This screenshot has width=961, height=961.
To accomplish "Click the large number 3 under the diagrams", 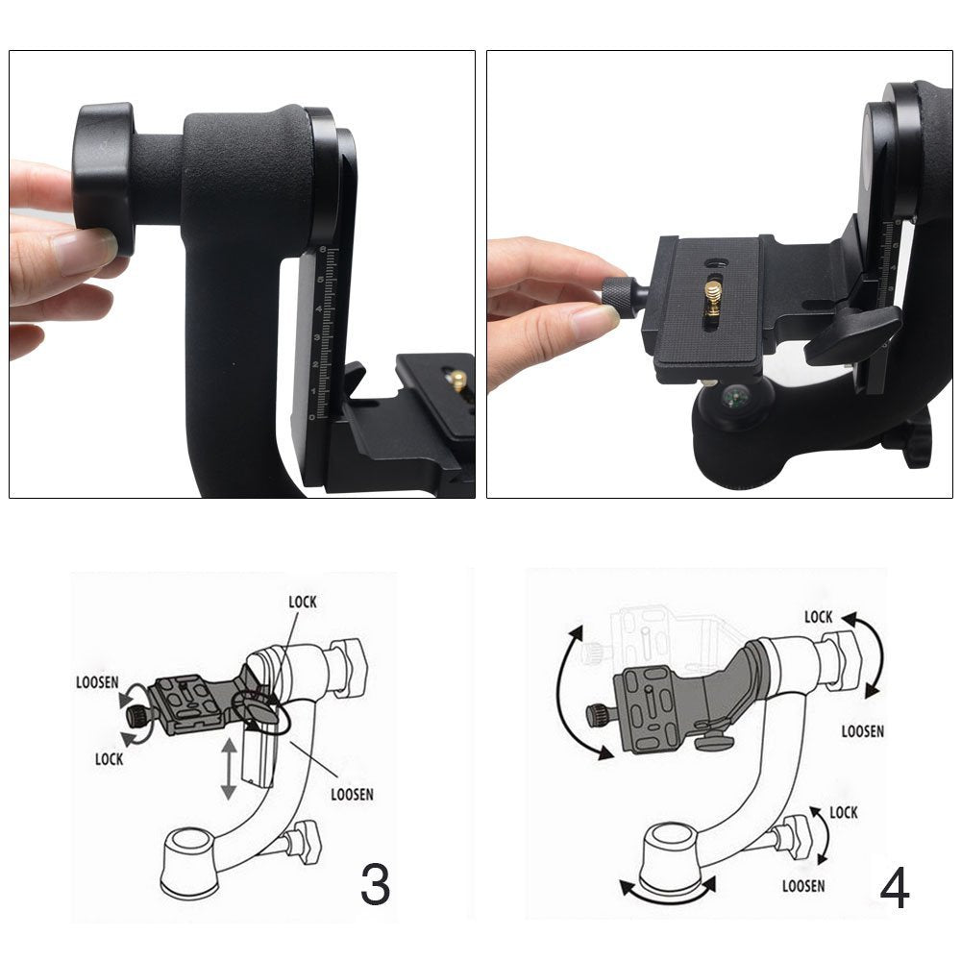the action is (375, 884).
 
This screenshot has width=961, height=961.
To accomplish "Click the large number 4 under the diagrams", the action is (894, 889).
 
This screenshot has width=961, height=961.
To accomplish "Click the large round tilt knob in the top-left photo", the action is (104, 179).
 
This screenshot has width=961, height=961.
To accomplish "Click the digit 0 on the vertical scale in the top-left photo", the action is (312, 417).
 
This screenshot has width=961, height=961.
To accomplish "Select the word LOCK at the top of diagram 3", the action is (303, 603).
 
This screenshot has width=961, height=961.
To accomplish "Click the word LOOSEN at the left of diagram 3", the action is (97, 682).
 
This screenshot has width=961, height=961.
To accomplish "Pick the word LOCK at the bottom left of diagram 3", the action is (110, 759).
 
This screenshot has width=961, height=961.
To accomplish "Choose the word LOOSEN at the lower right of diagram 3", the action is (353, 795).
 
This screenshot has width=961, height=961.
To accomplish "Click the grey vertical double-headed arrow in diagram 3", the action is (229, 769).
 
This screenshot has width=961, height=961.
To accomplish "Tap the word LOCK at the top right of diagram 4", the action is (819, 617).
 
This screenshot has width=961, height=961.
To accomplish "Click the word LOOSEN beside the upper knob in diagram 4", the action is (863, 731).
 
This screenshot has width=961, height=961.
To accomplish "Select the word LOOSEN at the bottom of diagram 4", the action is (803, 886).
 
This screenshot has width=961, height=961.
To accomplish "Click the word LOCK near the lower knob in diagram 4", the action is (844, 813).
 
